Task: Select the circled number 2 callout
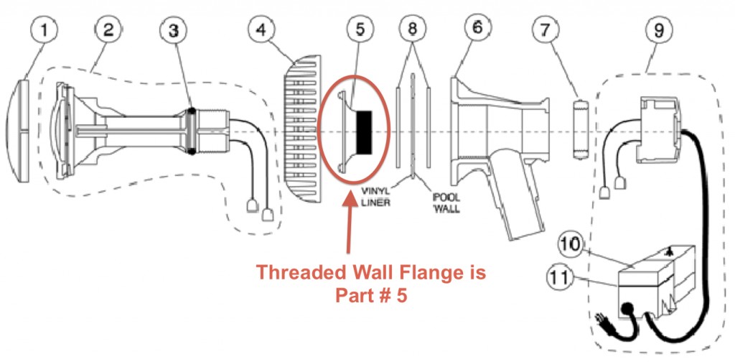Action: tap(108, 30)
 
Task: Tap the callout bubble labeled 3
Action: tap(173, 31)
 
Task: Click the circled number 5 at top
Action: tap(360, 29)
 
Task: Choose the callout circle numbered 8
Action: tap(412, 29)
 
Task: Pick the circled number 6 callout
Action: tap(477, 28)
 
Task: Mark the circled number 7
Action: tap(543, 30)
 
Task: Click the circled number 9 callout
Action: tap(659, 30)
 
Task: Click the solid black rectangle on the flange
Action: tap(364, 133)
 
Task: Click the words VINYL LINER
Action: tap(376, 198)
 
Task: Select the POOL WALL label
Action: tap(445, 202)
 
